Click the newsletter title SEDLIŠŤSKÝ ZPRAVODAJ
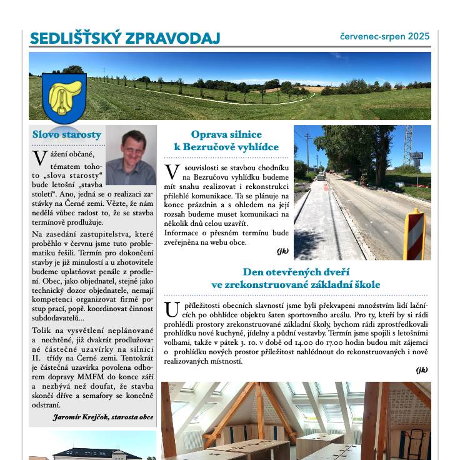125,39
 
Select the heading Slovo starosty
67,135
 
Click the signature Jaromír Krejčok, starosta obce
103,417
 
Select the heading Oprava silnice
226,135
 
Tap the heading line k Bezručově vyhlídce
226,147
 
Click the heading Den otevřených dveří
296,272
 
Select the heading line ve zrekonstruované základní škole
296,285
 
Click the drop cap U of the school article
172,309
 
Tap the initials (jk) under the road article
282,251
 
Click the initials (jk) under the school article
422,370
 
